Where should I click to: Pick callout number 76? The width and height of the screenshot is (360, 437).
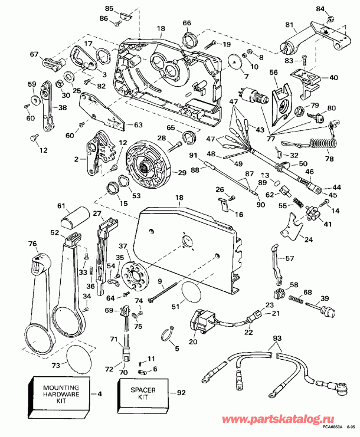(x=32, y=243)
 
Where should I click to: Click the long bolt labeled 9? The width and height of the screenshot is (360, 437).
(x=164, y=294)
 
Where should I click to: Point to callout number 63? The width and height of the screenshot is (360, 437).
(x=139, y=124)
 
